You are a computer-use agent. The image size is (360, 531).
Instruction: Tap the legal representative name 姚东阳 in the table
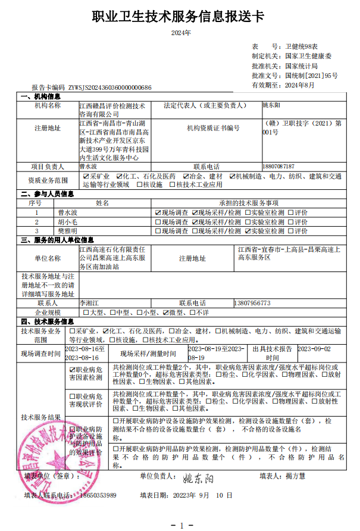pos(271,105)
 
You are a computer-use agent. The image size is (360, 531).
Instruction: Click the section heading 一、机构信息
pos(40,96)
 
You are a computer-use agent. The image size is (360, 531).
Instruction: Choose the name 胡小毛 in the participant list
pos(68,221)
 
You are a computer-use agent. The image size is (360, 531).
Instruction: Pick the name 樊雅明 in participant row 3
pos(68,230)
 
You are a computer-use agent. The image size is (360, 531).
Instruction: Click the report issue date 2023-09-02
pos(314,349)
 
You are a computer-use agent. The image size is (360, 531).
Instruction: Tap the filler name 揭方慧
pos(295,476)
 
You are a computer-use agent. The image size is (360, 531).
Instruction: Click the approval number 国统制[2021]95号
pos(311,76)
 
